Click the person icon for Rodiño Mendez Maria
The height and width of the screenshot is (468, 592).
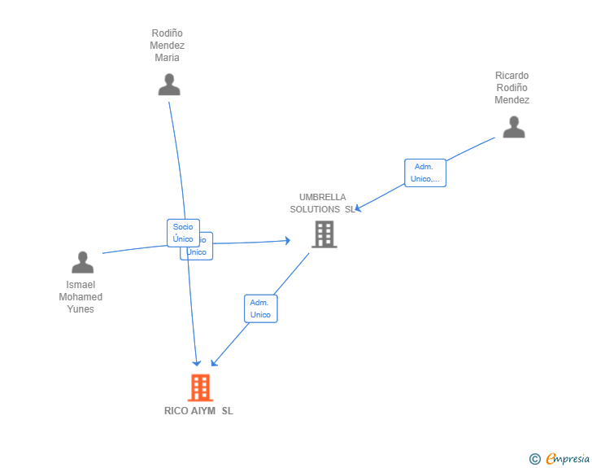coord(168,85)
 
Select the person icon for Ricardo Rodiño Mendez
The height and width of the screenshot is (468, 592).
coord(513,127)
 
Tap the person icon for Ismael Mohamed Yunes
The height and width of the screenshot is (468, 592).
coord(82,262)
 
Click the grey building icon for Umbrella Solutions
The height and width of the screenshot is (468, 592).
coord(324,234)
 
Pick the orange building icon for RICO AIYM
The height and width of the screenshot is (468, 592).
coord(199,387)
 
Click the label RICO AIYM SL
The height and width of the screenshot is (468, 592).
coord(198,411)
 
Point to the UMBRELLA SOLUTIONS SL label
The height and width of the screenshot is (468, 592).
coord(322,203)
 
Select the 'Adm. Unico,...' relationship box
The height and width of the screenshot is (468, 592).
coord(425,173)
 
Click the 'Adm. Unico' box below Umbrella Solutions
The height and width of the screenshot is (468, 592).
coord(260,308)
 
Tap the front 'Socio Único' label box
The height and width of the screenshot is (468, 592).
coord(183,233)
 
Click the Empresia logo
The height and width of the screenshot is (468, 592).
coord(568,459)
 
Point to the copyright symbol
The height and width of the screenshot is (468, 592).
coord(535,459)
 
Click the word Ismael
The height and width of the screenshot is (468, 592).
coord(81,285)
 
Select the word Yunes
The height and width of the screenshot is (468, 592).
coord(81,309)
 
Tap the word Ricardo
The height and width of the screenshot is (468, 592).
coord(511,76)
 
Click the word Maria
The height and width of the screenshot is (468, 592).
coord(168,58)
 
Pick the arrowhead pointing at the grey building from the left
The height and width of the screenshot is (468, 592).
coord(287,240)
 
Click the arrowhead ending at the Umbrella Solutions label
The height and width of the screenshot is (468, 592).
coord(358,208)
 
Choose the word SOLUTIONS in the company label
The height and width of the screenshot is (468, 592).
coord(315,209)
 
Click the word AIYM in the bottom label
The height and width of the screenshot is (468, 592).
coord(203,411)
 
